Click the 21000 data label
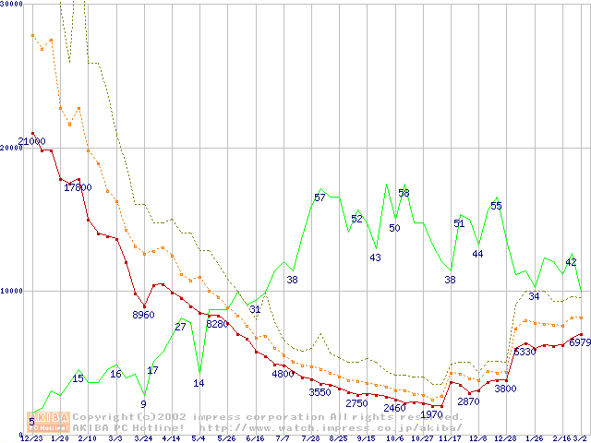click(31, 141)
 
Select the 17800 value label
click(78, 187)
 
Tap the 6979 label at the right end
click(579, 343)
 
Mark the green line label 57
click(320, 198)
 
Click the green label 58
click(404, 193)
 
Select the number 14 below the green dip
click(199, 383)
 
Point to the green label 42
click(571, 263)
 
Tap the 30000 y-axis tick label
click(12, 5)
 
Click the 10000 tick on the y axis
click(12, 291)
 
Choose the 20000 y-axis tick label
click(12, 148)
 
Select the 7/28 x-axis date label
click(311, 438)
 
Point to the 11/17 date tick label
click(450, 438)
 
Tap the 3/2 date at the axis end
click(580, 438)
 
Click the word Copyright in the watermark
click(98, 417)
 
